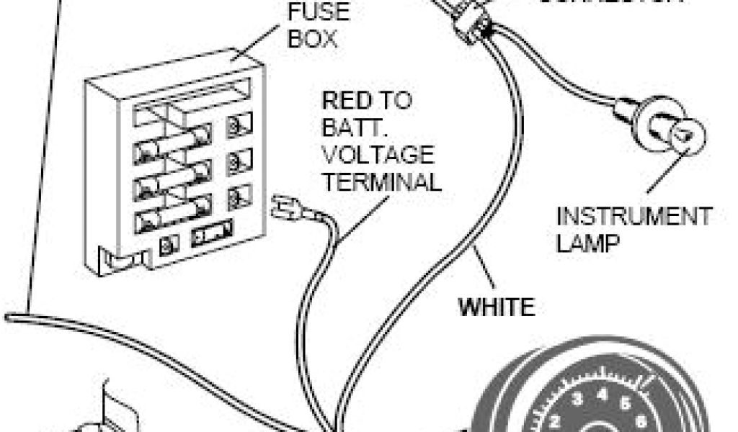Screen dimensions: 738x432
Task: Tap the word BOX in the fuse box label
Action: tap(312, 37)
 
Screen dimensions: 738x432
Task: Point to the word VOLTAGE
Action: tap(378, 155)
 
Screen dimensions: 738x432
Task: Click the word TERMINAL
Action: tap(381, 181)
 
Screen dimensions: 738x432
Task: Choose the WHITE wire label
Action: tap(497, 307)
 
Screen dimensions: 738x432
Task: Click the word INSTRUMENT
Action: tap(633, 216)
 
